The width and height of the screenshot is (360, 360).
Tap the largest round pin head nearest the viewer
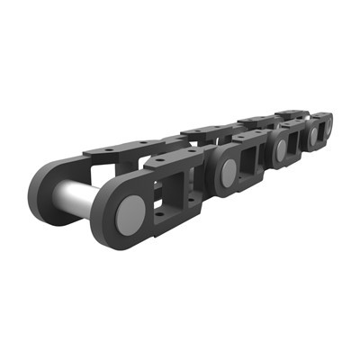[131, 211]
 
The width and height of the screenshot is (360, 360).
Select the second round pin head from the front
[229, 169]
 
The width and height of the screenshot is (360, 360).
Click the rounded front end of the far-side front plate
[45, 189]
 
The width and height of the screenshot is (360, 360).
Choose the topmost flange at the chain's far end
[292, 114]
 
